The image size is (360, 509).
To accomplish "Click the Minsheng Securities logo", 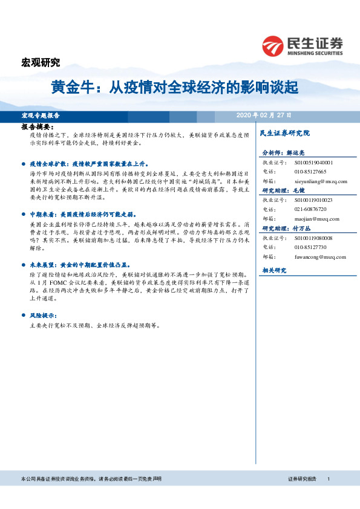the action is [x=303, y=46].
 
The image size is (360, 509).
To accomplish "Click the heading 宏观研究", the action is [x=41, y=62].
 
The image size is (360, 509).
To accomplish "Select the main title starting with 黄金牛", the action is [x=174, y=88].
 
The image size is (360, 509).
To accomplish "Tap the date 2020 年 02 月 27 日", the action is [x=264, y=115].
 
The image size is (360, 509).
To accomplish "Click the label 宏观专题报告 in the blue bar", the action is [x=41, y=115].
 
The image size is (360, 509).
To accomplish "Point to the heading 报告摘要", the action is [x=38, y=128].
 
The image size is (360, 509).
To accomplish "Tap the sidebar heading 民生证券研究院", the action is [x=284, y=132].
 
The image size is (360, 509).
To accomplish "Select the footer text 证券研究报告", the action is [x=303, y=479].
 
